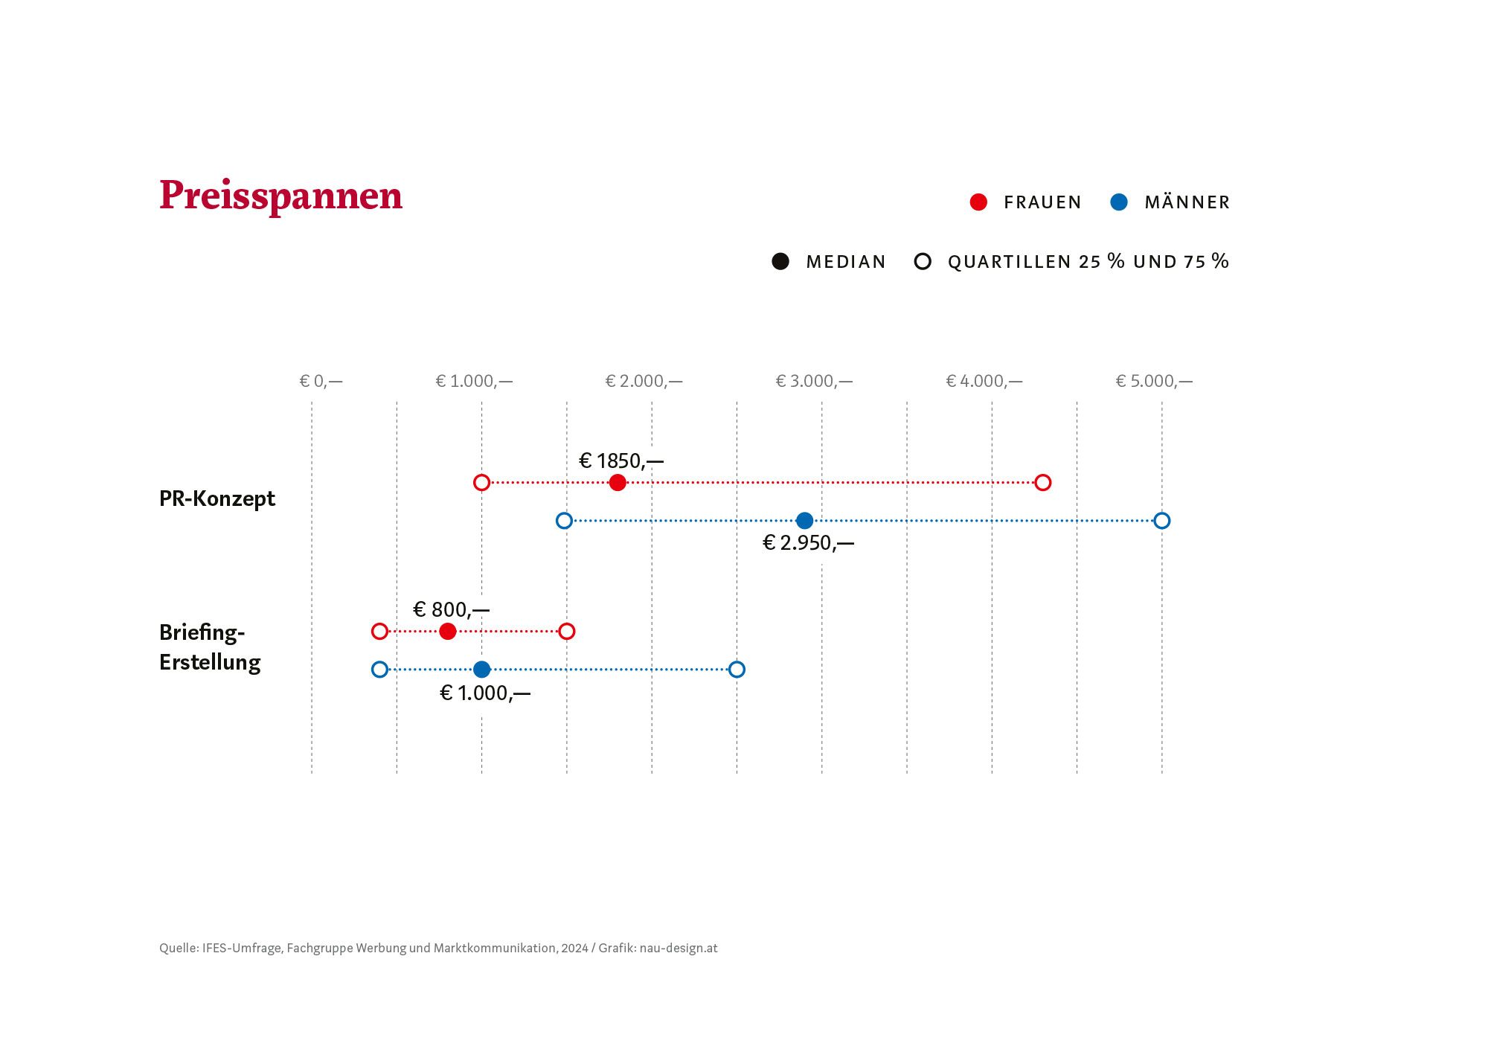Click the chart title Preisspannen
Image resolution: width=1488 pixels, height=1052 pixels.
pos(280,196)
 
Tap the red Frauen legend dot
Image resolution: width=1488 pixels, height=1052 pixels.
pos(978,202)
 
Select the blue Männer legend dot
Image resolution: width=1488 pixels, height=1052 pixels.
pos(1118,202)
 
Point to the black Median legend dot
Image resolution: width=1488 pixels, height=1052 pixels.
pos(780,261)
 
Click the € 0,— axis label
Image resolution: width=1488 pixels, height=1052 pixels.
pos(321,381)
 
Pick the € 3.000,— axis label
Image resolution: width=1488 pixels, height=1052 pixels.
pos(814,381)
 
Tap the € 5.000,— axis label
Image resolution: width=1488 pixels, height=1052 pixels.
pos(1154,381)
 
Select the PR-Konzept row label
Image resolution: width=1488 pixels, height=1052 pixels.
pos(217,498)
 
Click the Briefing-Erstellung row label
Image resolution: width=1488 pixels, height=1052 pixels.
pos(210,647)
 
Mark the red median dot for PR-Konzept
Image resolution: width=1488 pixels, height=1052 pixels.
pos(618,482)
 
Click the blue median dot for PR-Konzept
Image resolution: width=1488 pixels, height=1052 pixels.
pos(804,520)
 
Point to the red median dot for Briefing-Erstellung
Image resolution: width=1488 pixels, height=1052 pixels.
pos(447,631)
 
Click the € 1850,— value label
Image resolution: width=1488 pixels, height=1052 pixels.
pos(621,461)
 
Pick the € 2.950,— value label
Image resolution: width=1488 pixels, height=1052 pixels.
pos(809,543)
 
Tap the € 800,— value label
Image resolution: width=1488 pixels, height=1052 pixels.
pos(452,610)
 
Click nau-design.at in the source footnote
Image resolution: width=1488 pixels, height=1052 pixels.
pos(679,948)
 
